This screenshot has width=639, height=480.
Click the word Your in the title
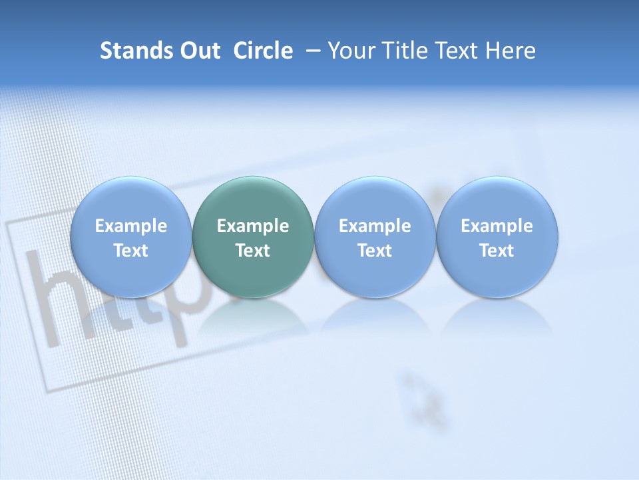pyautogui.click(x=351, y=51)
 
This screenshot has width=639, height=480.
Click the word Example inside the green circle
pyautogui.click(x=253, y=226)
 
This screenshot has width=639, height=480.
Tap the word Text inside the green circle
pyautogui.click(x=253, y=251)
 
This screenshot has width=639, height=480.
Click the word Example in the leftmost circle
pyautogui.click(x=130, y=226)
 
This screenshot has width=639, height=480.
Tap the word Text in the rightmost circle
pyautogui.click(x=497, y=251)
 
